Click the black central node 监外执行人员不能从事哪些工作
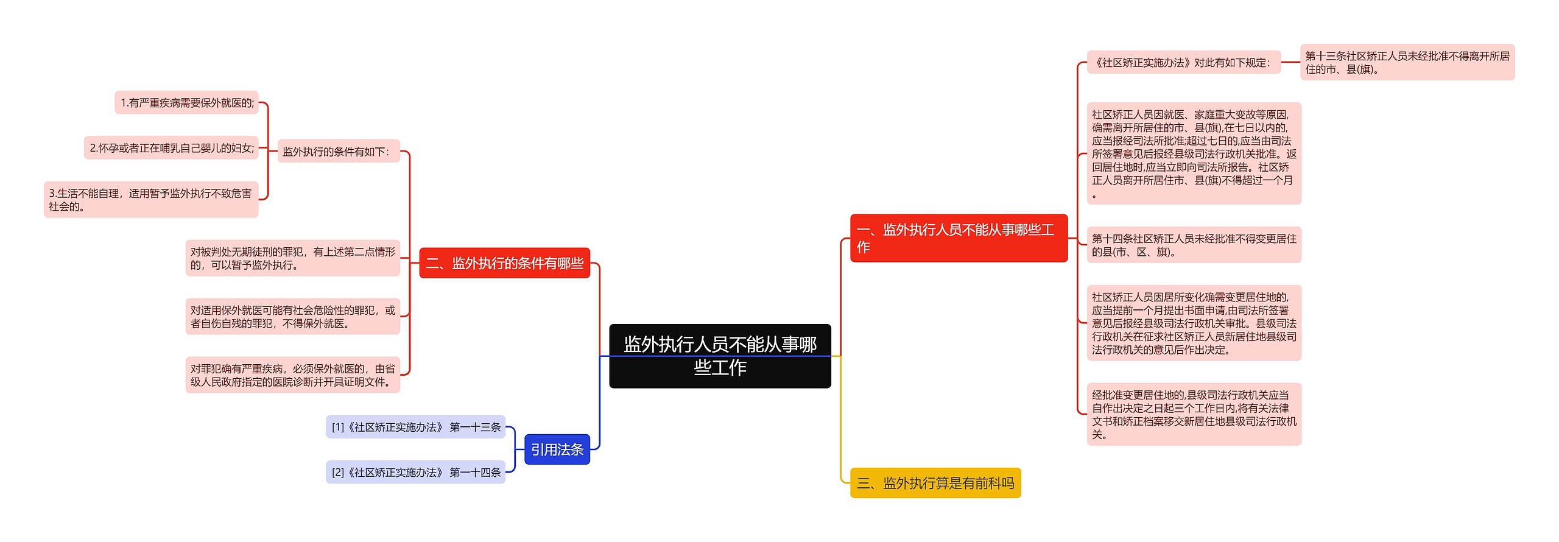pyautogui.click(x=720, y=356)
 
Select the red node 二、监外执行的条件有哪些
pyautogui.click(x=504, y=263)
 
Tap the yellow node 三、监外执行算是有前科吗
pyautogui.click(x=935, y=483)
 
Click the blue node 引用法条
pyautogui.click(x=557, y=449)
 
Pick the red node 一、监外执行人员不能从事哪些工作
pyautogui.click(x=959, y=238)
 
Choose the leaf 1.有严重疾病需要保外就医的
pyautogui.click(x=187, y=103)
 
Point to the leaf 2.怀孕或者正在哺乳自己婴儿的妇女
pyautogui.click(x=171, y=148)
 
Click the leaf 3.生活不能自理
pyautogui.click(x=151, y=200)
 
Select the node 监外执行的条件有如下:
pyautogui.click(x=339, y=151)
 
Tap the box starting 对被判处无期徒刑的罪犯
pyautogui.click(x=292, y=258)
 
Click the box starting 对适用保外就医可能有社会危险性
pyautogui.click(x=292, y=317)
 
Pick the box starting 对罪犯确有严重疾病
pyautogui.click(x=292, y=375)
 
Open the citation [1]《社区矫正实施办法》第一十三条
pyautogui.click(x=415, y=427)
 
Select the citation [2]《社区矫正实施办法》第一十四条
pyautogui.click(x=415, y=472)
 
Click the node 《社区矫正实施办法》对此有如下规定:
pyautogui.click(x=1184, y=62)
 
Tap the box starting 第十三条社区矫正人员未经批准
pyautogui.click(x=1407, y=62)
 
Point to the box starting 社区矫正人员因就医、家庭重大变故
pyautogui.click(x=1194, y=153)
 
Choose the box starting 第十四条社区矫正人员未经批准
pyautogui.click(x=1194, y=245)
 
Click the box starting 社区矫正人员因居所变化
pyautogui.click(x=1194, y=323)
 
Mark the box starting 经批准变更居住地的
pyautogui.click(x=1194, y=414)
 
